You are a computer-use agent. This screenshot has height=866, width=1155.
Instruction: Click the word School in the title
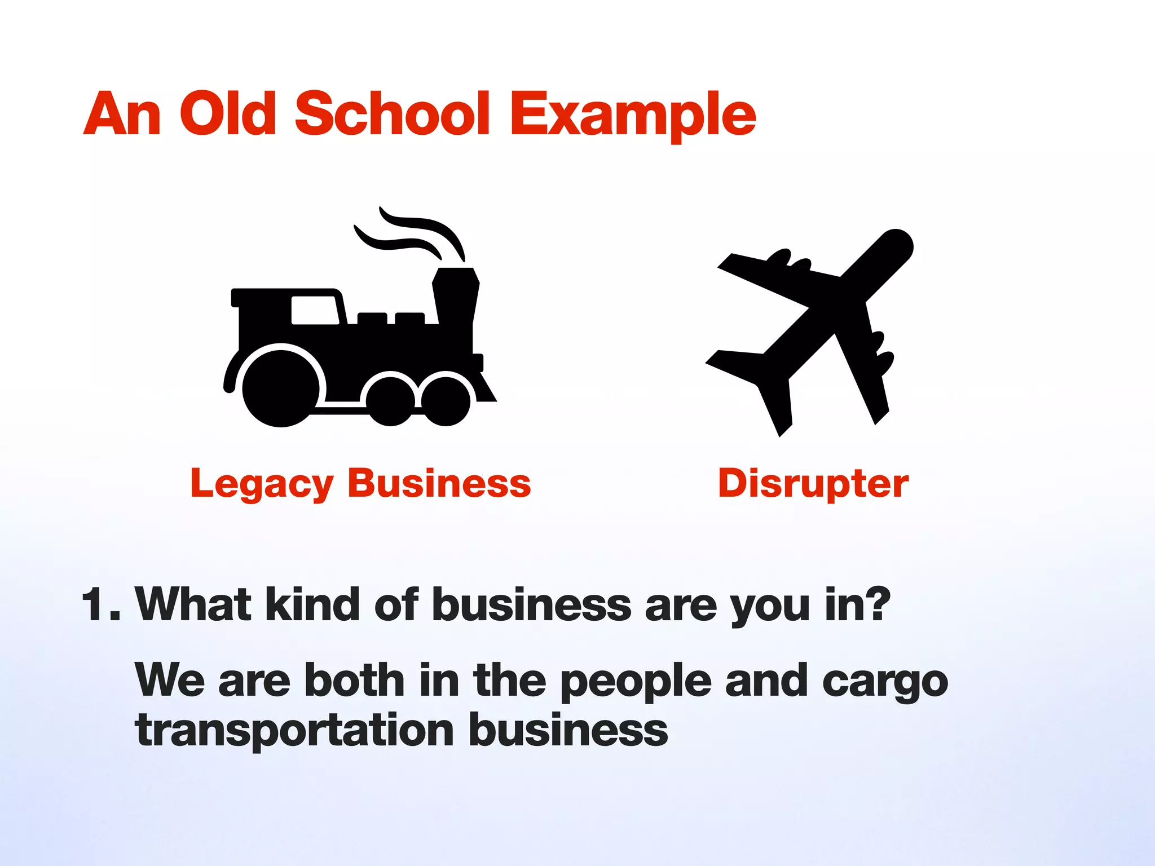click(x=393, y=114)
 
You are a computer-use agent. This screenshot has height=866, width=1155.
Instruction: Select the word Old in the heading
click(x=228, y=114)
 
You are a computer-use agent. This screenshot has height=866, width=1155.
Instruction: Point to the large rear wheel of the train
click(x=280, y=387)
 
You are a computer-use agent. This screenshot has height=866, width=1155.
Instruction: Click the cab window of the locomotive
click(x=314, y=310)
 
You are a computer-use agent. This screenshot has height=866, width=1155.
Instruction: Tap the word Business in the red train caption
click(x=439, y=483)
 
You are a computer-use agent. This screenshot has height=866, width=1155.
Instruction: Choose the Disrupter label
click(x=813, y=483)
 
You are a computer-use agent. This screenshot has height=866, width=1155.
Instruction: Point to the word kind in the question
click(x=312, y=604)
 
